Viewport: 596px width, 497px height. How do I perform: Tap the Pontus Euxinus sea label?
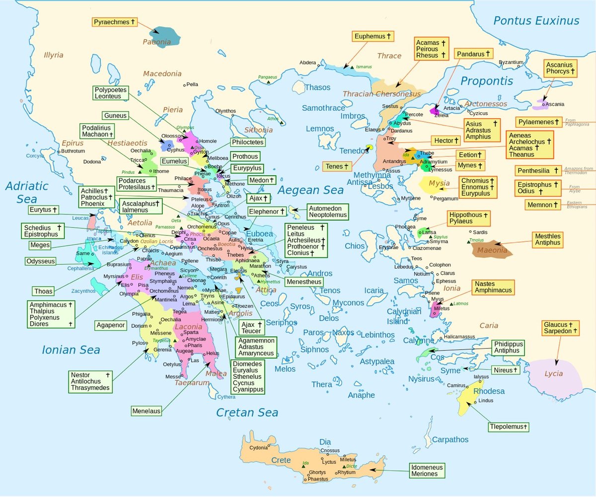tap(536, 21)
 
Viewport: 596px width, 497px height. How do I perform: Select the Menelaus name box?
tap(147, 411)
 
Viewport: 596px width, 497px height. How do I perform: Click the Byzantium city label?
tap(511, 62)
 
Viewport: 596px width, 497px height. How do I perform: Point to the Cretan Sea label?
tap(247, 413)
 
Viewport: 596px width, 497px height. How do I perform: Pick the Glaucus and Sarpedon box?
tap(561, 328)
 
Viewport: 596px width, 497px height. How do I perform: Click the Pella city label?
tap(192, 84)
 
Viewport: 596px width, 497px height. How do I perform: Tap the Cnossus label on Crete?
tap(330, 451)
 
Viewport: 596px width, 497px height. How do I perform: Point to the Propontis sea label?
tap(486, 81)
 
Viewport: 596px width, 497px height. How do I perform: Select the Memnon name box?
tap(543, 205)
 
